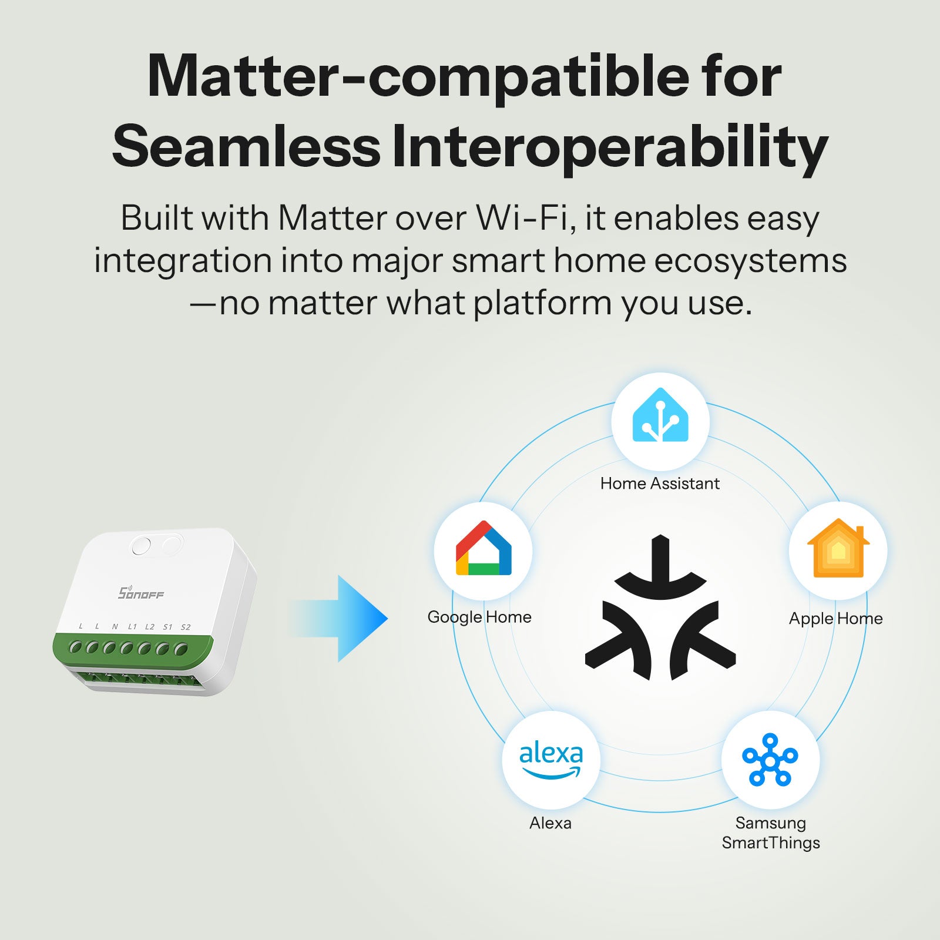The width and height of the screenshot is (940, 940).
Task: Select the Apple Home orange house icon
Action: [x=838, y=549]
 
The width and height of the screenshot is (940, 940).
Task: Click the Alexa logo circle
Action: [x=550, y=760]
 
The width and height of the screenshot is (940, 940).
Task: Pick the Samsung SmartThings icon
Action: [x=770, y=760]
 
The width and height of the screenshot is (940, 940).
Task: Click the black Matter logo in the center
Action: [x=660, y=611]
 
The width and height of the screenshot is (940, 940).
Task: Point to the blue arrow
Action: [x=347, y=619]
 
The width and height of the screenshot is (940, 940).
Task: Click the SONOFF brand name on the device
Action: [x=141, y=593]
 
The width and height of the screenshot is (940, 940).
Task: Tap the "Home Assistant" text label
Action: [x=660, y=484]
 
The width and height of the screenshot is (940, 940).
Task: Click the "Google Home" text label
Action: [x=479, y=617]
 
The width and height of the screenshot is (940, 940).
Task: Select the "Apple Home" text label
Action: [x=835, y=619]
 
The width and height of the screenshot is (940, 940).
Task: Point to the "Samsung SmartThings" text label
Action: [x=771, y=833]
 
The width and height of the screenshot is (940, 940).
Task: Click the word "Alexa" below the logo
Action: [x=550, y=823]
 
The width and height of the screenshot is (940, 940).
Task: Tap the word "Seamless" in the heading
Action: [x=247, y=147]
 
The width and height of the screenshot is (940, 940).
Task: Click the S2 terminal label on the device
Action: [x=186, y=627]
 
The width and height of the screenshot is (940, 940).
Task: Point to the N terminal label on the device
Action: [x=115, y=626]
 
